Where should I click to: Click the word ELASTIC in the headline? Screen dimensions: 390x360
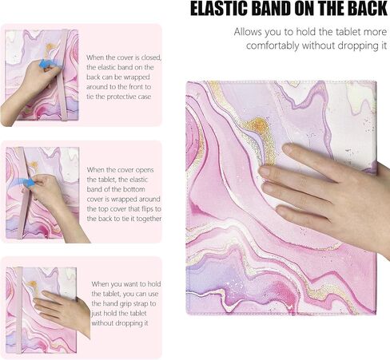(219, 10)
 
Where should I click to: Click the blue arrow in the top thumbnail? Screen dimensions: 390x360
(44, 64)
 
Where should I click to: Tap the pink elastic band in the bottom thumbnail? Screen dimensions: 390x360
(18, 311)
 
